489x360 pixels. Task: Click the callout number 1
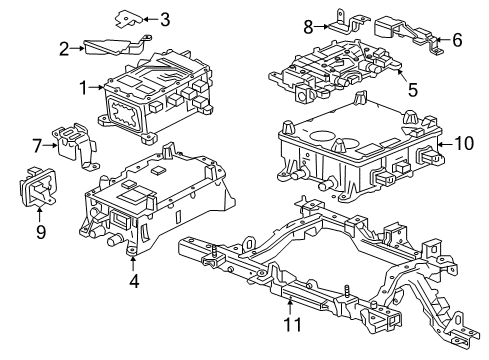coord(84,88)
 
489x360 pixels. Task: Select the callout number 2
coord(64,47)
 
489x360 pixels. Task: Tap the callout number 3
coord(165,18)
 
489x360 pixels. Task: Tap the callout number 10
coord(462,144)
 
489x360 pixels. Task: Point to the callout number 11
coord(290,325)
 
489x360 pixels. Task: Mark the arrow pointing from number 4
coord(133,265)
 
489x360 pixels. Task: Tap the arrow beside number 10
coord(445,144)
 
